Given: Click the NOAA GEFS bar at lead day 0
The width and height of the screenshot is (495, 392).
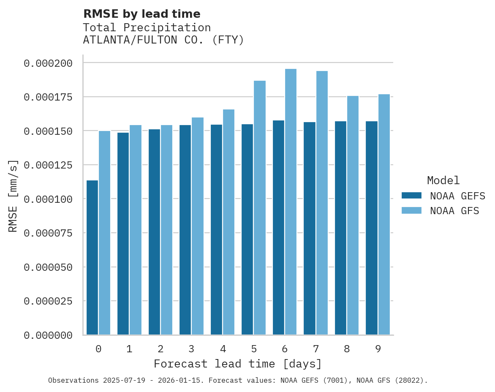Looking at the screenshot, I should click(x=92, y=258).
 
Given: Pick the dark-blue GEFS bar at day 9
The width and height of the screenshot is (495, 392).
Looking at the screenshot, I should click(x=372, y=228).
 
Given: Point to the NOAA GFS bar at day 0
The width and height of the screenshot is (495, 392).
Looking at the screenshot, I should click(x=104, y=233).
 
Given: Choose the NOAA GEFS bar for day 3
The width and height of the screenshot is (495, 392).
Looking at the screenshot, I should click(x=185, y=230).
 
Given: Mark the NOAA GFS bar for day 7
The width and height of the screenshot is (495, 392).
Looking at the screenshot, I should click(x=322, y=203).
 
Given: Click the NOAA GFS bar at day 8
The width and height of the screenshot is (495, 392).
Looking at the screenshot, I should click(x=353, y=215).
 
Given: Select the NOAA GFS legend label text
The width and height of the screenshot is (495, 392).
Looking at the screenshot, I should click(x=454, y=211).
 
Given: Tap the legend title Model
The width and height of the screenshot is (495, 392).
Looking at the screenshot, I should click(x=443, y=180).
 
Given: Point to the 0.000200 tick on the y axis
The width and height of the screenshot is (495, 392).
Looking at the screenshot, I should click(x=48, y=63).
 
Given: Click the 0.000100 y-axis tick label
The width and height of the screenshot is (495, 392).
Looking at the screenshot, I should click(x=48, y=199).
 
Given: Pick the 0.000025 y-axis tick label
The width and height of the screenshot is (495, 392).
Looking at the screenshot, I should click(x=48, y=301).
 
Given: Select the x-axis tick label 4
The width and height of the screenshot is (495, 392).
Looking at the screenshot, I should click(x=223, y=349).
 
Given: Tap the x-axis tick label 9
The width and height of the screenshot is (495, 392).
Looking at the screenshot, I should click(x=378, y=349).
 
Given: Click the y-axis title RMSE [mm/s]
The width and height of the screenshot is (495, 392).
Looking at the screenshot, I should click(x=13, y=196).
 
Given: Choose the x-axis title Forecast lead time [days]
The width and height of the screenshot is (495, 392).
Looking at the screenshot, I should click(x=238, y=364).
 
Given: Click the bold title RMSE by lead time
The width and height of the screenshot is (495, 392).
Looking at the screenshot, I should click(x=141, y=14).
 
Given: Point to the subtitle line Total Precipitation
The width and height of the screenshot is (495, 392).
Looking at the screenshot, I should click(x=147, y=27).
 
